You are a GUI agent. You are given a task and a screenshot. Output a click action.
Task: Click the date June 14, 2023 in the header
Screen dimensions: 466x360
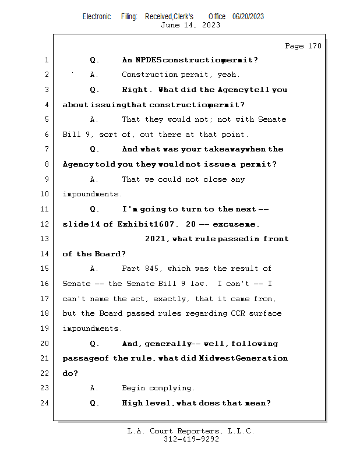point(190,25)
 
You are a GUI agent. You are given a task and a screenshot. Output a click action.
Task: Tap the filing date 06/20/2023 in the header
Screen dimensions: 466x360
point(248,17)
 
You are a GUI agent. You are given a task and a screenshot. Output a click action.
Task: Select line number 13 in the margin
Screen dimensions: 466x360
point(46,239)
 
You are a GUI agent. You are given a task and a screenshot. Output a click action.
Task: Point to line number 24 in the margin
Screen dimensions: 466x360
point(46,403)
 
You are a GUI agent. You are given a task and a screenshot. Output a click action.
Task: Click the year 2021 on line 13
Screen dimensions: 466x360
point(155,239)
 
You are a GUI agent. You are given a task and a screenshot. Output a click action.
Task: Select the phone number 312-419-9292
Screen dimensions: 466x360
point(191,440)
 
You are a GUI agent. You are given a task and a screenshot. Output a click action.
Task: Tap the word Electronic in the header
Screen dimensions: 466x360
point(97,17)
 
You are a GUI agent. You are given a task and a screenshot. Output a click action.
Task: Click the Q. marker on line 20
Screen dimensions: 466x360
point(95,344)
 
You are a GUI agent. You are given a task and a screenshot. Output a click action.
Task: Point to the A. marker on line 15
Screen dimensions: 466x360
point(94,269)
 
